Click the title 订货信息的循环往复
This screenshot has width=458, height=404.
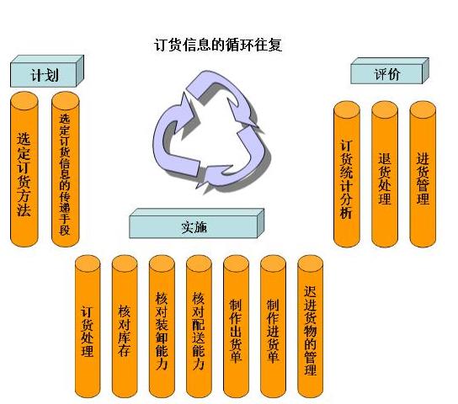pos(218,45)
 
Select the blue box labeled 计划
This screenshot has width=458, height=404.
pos(47,72)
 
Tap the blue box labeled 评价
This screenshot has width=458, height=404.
pos(390,71)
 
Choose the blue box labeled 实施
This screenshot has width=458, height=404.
pos(196,223)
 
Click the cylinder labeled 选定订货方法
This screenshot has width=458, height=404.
pos(24,169)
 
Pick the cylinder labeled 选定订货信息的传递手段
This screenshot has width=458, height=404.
pos(65,169)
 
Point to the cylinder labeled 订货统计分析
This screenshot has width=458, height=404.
pos(347,174)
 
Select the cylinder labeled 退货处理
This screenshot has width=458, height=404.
pos(385,174)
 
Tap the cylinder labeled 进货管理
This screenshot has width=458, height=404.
pos(423,174)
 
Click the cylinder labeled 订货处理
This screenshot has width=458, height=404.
pos(88,327)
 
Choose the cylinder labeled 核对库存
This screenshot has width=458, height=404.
pos(125,327)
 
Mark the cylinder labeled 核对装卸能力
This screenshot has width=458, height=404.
pos(162,327)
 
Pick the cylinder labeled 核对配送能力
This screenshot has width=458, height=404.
pos(199,327)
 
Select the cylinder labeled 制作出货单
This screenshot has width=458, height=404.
pos(236,327)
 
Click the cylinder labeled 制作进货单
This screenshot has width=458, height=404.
pos(273,327)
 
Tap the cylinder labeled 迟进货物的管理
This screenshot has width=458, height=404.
pos(310,327)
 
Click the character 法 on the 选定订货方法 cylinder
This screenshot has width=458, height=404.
pos(24,209)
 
